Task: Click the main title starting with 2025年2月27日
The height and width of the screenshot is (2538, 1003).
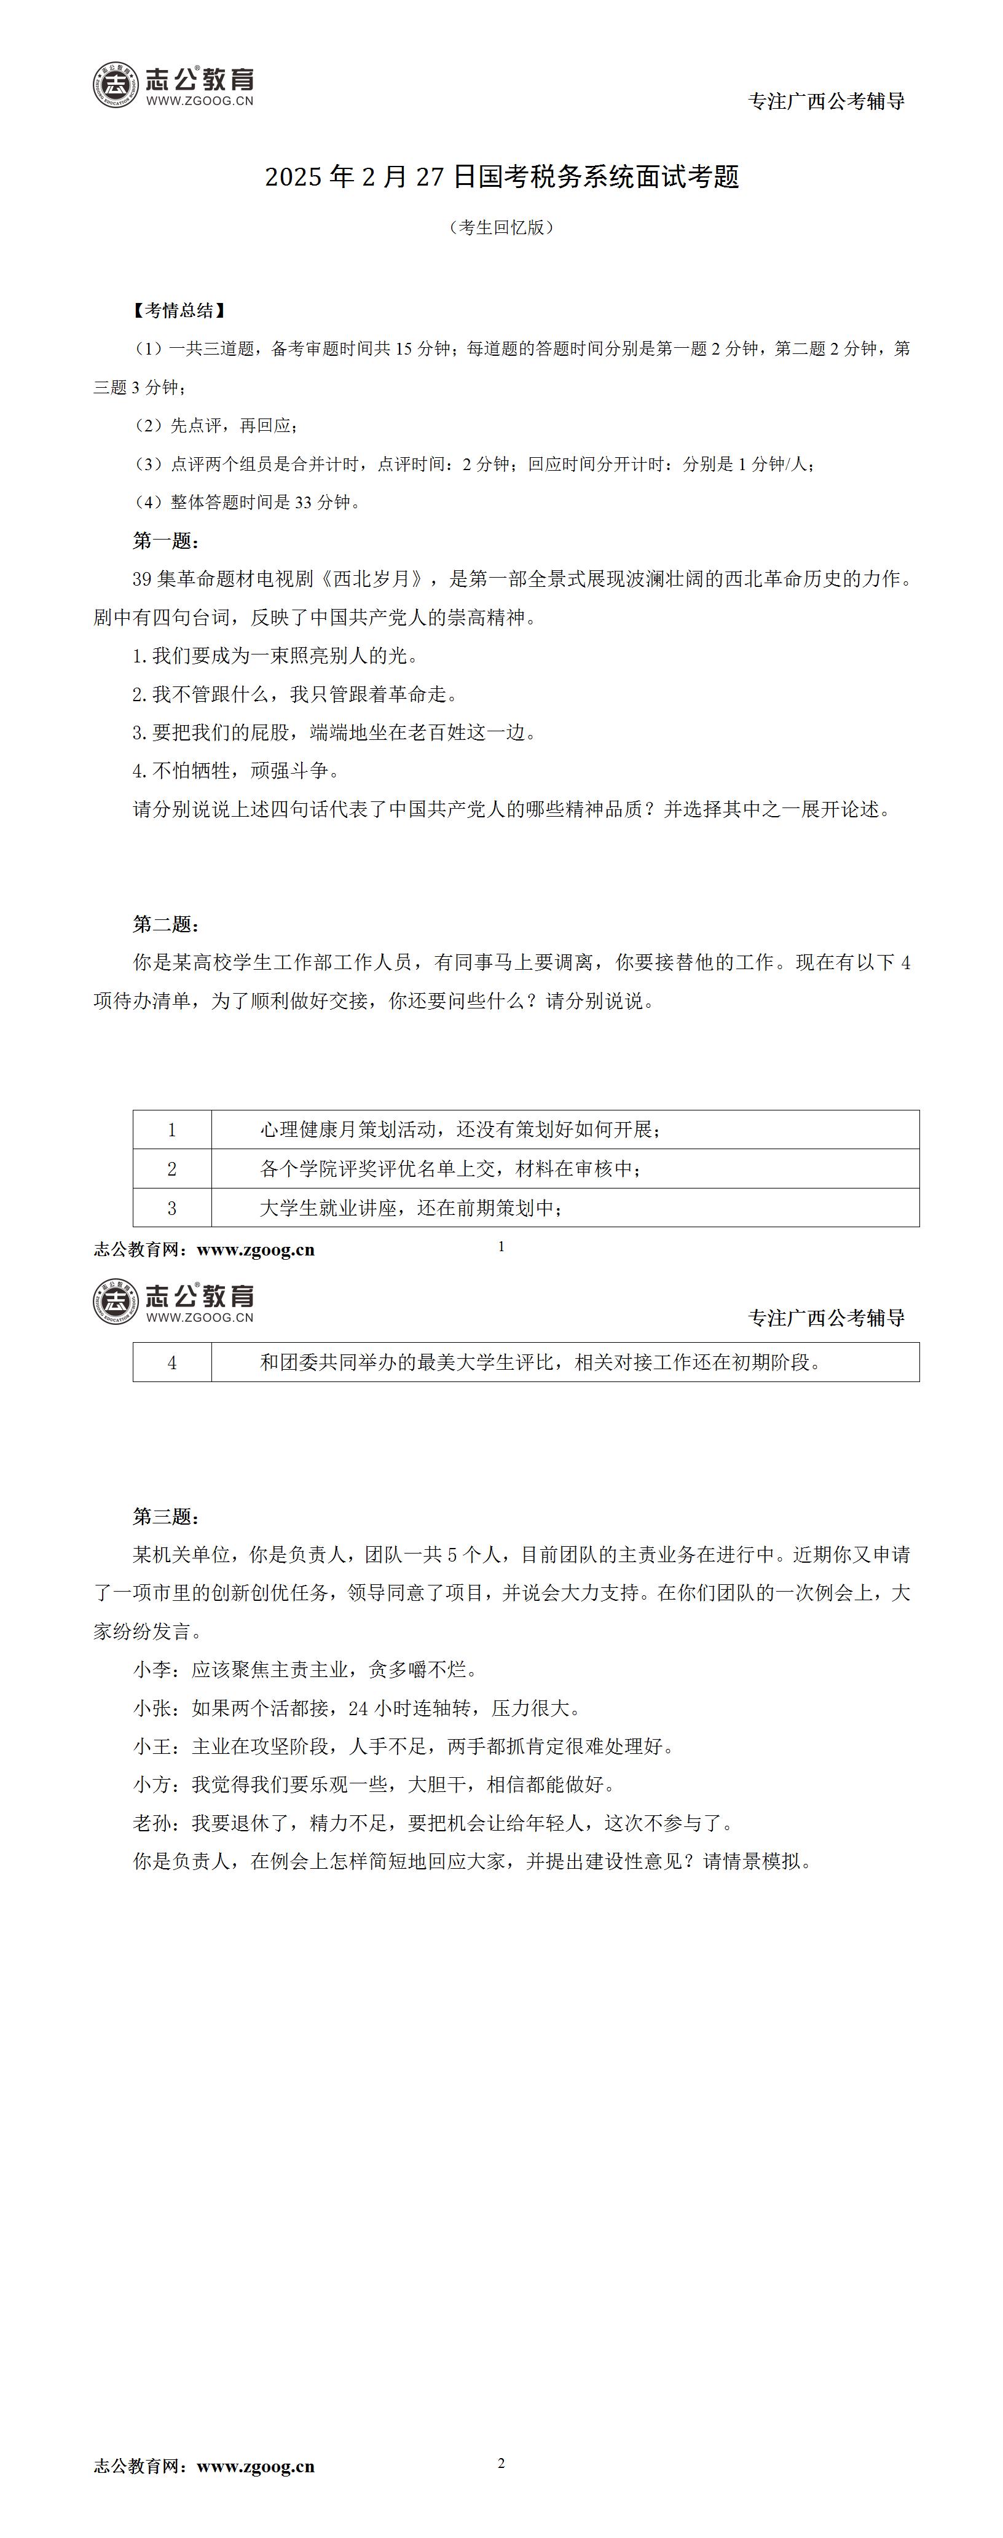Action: click(502, 178)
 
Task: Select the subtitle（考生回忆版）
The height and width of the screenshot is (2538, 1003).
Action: click(502, 227)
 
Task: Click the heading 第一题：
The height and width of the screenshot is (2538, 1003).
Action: click(167, 541)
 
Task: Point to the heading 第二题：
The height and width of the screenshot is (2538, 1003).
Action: click(167, 924)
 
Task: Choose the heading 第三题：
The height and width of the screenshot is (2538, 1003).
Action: click(167, 1516)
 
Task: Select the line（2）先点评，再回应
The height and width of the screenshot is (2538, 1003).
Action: click(216, 426)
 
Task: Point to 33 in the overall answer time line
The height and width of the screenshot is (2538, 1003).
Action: click(302, 503)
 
